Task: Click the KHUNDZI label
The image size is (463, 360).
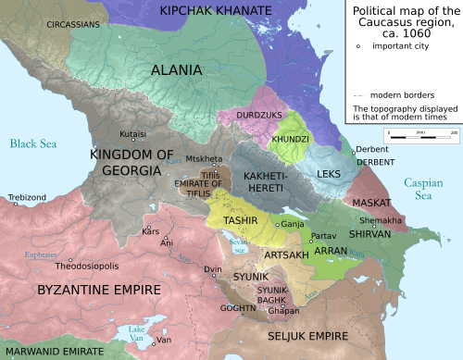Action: pyautogui.click(x=291, y=138)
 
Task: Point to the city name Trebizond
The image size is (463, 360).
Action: pyautogui.click(x=26, y=197)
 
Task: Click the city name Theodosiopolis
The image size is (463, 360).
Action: pyautogui.click(x=89, y=265)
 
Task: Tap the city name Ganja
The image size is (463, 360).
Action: pyautogui.click(x=293, y=225)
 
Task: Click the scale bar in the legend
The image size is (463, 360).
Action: pyautogui.click(x=421, y=136)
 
